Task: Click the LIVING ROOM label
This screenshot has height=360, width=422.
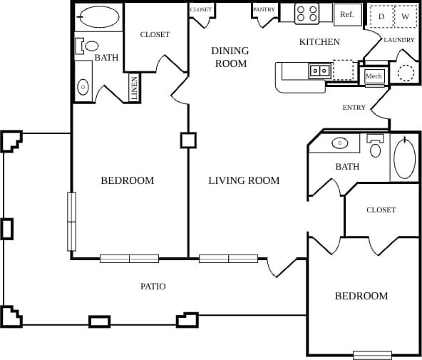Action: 244,180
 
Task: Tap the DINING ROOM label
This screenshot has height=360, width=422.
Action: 230,57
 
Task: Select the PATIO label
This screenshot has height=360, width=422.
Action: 153,287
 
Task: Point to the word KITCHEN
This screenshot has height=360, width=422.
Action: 319,42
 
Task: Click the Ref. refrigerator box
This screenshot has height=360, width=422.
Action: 347,14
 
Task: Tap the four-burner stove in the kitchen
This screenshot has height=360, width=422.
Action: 307,14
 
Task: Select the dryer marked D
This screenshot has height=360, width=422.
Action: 381,16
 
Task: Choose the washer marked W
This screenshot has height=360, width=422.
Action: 405,16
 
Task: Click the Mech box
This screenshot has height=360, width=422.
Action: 374,76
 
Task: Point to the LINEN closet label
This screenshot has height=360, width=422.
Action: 134,88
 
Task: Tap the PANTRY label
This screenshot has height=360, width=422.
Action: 264,9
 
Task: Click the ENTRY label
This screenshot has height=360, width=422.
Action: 354,108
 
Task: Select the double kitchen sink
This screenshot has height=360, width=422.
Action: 319,70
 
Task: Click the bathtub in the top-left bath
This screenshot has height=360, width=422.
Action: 99,17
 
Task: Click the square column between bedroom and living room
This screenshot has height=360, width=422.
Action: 188,140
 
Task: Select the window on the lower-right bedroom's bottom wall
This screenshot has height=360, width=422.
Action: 372,354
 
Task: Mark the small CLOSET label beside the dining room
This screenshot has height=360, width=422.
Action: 201,9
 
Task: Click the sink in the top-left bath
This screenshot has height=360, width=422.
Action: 83,87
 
